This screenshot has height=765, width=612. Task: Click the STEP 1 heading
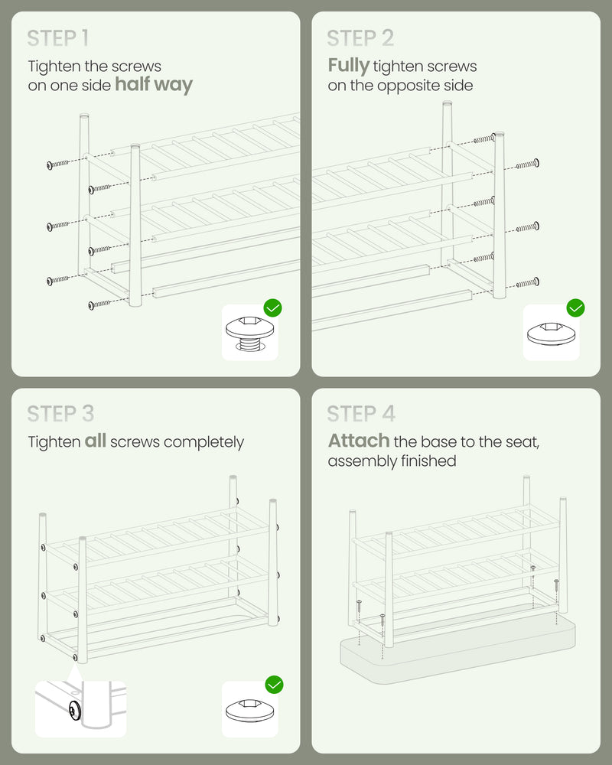click(57, 38)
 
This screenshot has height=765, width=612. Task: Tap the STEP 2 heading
click(360, 38)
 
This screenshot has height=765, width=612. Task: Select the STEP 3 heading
click(60, 414)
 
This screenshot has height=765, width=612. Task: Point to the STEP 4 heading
click(361, 414)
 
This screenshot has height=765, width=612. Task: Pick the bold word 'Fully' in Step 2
click(349, 65)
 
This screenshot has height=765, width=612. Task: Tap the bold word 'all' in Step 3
click(95, 441)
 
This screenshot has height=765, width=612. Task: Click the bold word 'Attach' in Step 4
click(359, 441)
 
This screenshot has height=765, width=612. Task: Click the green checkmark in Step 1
click(273, 308)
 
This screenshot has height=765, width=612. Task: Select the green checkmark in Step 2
click(576, 308)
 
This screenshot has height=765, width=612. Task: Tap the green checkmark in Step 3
click(275, 685)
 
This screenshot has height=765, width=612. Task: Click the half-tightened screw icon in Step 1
click(250, 334)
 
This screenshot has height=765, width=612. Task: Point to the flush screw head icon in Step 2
click(552, 334)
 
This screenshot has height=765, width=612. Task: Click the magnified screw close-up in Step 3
click(80, 708)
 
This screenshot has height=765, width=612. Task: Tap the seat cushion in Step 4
click(457, 648)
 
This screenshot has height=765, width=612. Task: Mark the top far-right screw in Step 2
click(528, 164)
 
